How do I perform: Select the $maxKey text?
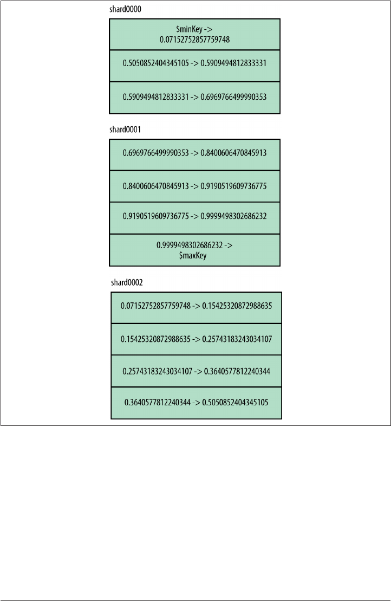point(195,255)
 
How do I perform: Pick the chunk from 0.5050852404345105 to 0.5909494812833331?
point(195,66)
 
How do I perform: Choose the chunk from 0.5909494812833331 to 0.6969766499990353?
point(195,98)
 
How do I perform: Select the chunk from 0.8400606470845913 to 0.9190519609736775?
point(195,186)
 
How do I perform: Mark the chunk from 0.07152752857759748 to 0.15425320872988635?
point(196,307)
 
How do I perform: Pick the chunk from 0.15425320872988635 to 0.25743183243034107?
point(196,339)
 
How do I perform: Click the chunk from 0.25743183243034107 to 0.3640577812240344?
point(196,371)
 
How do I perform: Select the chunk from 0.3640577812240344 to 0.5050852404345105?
point(196,403)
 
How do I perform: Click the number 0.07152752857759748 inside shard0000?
point(195,40)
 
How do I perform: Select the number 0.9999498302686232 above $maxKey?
point(189,245)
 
